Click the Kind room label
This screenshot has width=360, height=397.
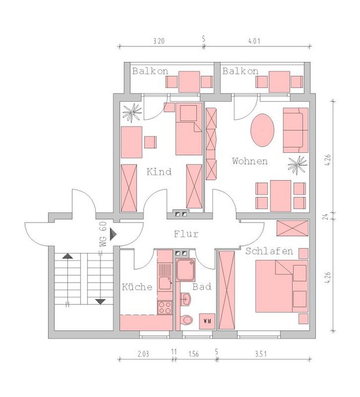coord(159,172)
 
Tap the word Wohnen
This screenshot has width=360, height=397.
coord(250,161)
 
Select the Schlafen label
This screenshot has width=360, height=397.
coord(269,251)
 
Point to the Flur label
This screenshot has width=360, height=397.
coord(186,234)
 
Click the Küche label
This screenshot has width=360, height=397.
coord(137,287)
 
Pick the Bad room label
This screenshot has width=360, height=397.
coord(202,287)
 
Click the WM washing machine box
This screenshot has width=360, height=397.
coord(207,321)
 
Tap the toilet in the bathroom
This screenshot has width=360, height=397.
coord(187,320)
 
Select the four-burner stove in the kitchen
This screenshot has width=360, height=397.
coord(164,307)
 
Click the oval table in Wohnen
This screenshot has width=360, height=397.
coord(262,130)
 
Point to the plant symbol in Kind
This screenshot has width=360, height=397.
coord(132,113)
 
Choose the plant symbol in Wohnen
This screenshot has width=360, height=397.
coord(298,165)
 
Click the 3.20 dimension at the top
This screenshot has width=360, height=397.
coord(159,41)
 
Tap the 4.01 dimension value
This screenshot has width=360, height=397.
coord(254,41)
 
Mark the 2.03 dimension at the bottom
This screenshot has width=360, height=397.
coord(143,354)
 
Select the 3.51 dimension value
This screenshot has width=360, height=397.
coord(261,354)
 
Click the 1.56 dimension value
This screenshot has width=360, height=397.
coord(193,354)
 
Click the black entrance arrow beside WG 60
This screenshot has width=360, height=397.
coord(113,234)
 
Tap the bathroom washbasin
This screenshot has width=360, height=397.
coord(186,299)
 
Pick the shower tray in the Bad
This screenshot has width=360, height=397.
coord(185,270)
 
